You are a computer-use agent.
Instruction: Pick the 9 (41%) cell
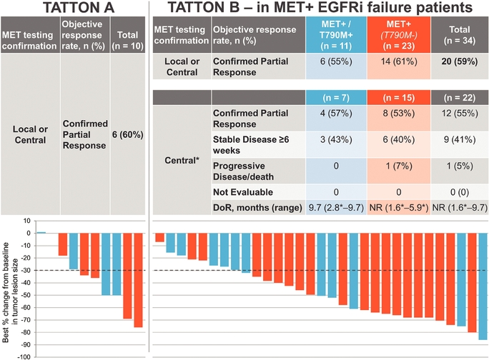pos(458,141)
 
